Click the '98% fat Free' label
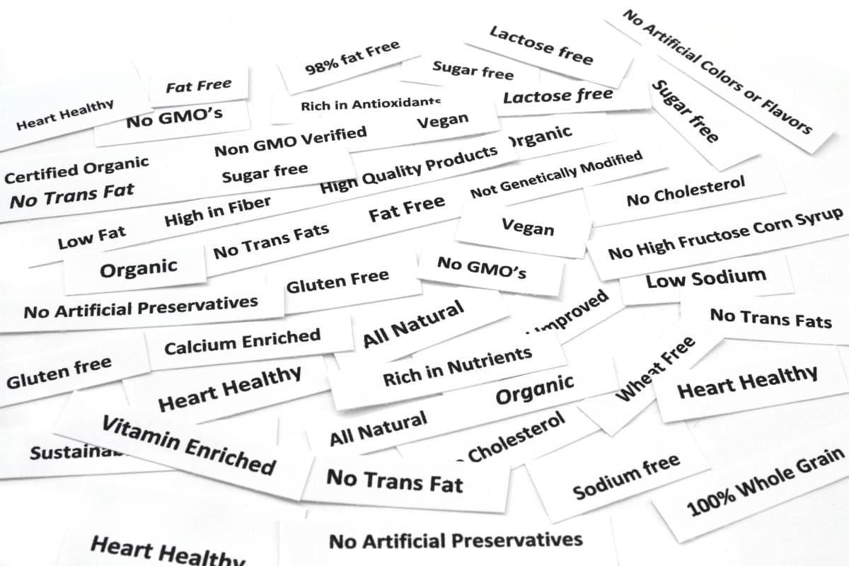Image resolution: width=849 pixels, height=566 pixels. pos(352,59)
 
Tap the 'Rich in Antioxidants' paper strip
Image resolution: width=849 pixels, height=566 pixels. pos(370,105)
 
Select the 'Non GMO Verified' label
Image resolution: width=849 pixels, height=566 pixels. pos(291,140)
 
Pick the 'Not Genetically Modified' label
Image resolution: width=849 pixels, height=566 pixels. pos(556,175)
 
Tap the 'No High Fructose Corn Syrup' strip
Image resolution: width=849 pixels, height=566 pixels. pos(726,234)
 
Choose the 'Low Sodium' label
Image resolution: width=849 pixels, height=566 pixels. pos(705,279)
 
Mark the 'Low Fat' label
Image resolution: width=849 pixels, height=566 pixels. pos(92,238)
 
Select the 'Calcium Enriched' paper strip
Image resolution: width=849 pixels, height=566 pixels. pos(242,341)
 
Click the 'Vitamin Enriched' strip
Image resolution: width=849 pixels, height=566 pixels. pos(188,445)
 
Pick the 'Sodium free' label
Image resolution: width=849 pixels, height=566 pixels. pos(625,476)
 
